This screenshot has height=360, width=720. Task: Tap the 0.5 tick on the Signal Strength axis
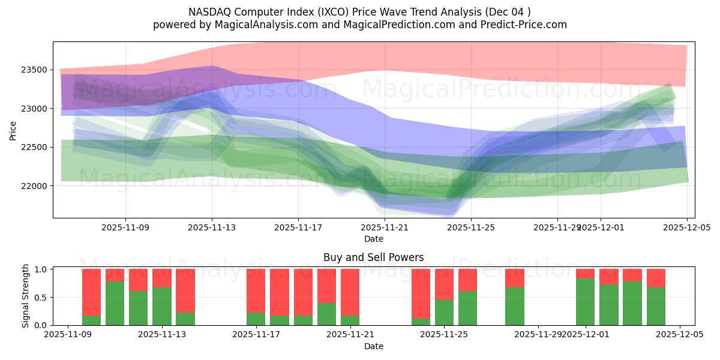[x=41, y=298]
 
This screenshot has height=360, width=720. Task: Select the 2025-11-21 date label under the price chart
[x=385, y=228]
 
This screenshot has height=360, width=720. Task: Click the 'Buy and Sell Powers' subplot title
[x=373, y=257]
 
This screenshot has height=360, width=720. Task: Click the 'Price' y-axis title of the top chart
[x=13, y=130]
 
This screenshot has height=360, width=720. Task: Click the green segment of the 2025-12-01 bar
[x=585, y=302]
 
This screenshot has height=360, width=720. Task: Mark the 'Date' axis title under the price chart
[x=373, y=239]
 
